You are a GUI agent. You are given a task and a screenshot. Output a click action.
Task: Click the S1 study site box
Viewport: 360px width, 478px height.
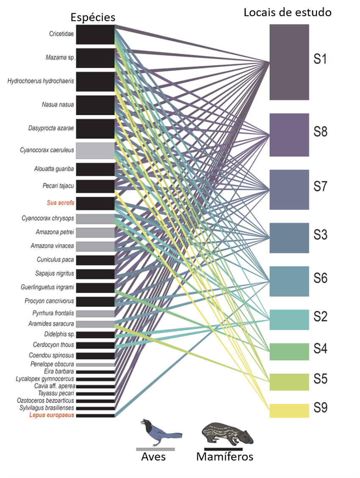click(x=289, y=62)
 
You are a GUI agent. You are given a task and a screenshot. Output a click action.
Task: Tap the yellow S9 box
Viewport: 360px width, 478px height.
click(x=289, y=411)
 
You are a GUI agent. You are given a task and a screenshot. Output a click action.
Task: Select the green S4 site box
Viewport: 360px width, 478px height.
click(x=289, y=351)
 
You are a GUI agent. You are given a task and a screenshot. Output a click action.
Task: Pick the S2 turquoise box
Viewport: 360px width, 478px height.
click(x=289, y=320)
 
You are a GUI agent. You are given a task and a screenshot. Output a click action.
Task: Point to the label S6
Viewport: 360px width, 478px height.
click(x=321, y=278)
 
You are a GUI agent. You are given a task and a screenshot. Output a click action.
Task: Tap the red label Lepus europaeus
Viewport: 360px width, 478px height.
click(x=52, y=415)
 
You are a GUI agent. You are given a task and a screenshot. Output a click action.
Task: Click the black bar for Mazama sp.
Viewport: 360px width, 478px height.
click(x=95, y=58)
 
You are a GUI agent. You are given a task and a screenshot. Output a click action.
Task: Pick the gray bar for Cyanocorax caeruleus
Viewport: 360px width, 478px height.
click(x=95, y=150)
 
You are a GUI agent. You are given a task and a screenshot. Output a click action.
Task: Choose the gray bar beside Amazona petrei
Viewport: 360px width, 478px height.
click(x=95, y=232)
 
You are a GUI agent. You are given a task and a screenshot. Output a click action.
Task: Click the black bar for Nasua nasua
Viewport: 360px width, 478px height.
click(x=95, y=105)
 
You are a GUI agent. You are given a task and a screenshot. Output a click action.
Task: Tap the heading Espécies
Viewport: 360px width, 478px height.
click(x=93, y=17)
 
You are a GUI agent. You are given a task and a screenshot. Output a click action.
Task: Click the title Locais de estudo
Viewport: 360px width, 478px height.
click(x=288, y=12)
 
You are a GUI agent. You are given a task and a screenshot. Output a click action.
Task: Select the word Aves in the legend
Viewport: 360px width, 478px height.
click(x=153, y=457)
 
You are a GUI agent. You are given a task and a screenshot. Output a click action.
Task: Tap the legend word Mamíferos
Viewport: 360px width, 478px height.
click(x=224, y=457)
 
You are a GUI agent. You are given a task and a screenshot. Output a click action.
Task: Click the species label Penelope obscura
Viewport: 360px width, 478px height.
click(x=53, y=364)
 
